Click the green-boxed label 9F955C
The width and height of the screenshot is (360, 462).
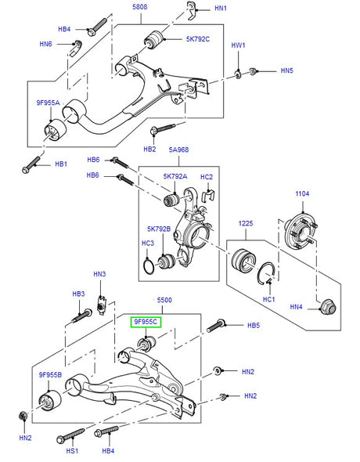pyautogui.click(x=145, y=322)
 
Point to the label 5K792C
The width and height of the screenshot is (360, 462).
pyautogui.click(x=197, y=38)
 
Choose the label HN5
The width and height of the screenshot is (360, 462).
pyautogui.click(x=287, y=71)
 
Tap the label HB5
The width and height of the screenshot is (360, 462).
pyautogui.click(x=254, y=324)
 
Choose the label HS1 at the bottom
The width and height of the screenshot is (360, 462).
pyautogui.click(x=72, y=451)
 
